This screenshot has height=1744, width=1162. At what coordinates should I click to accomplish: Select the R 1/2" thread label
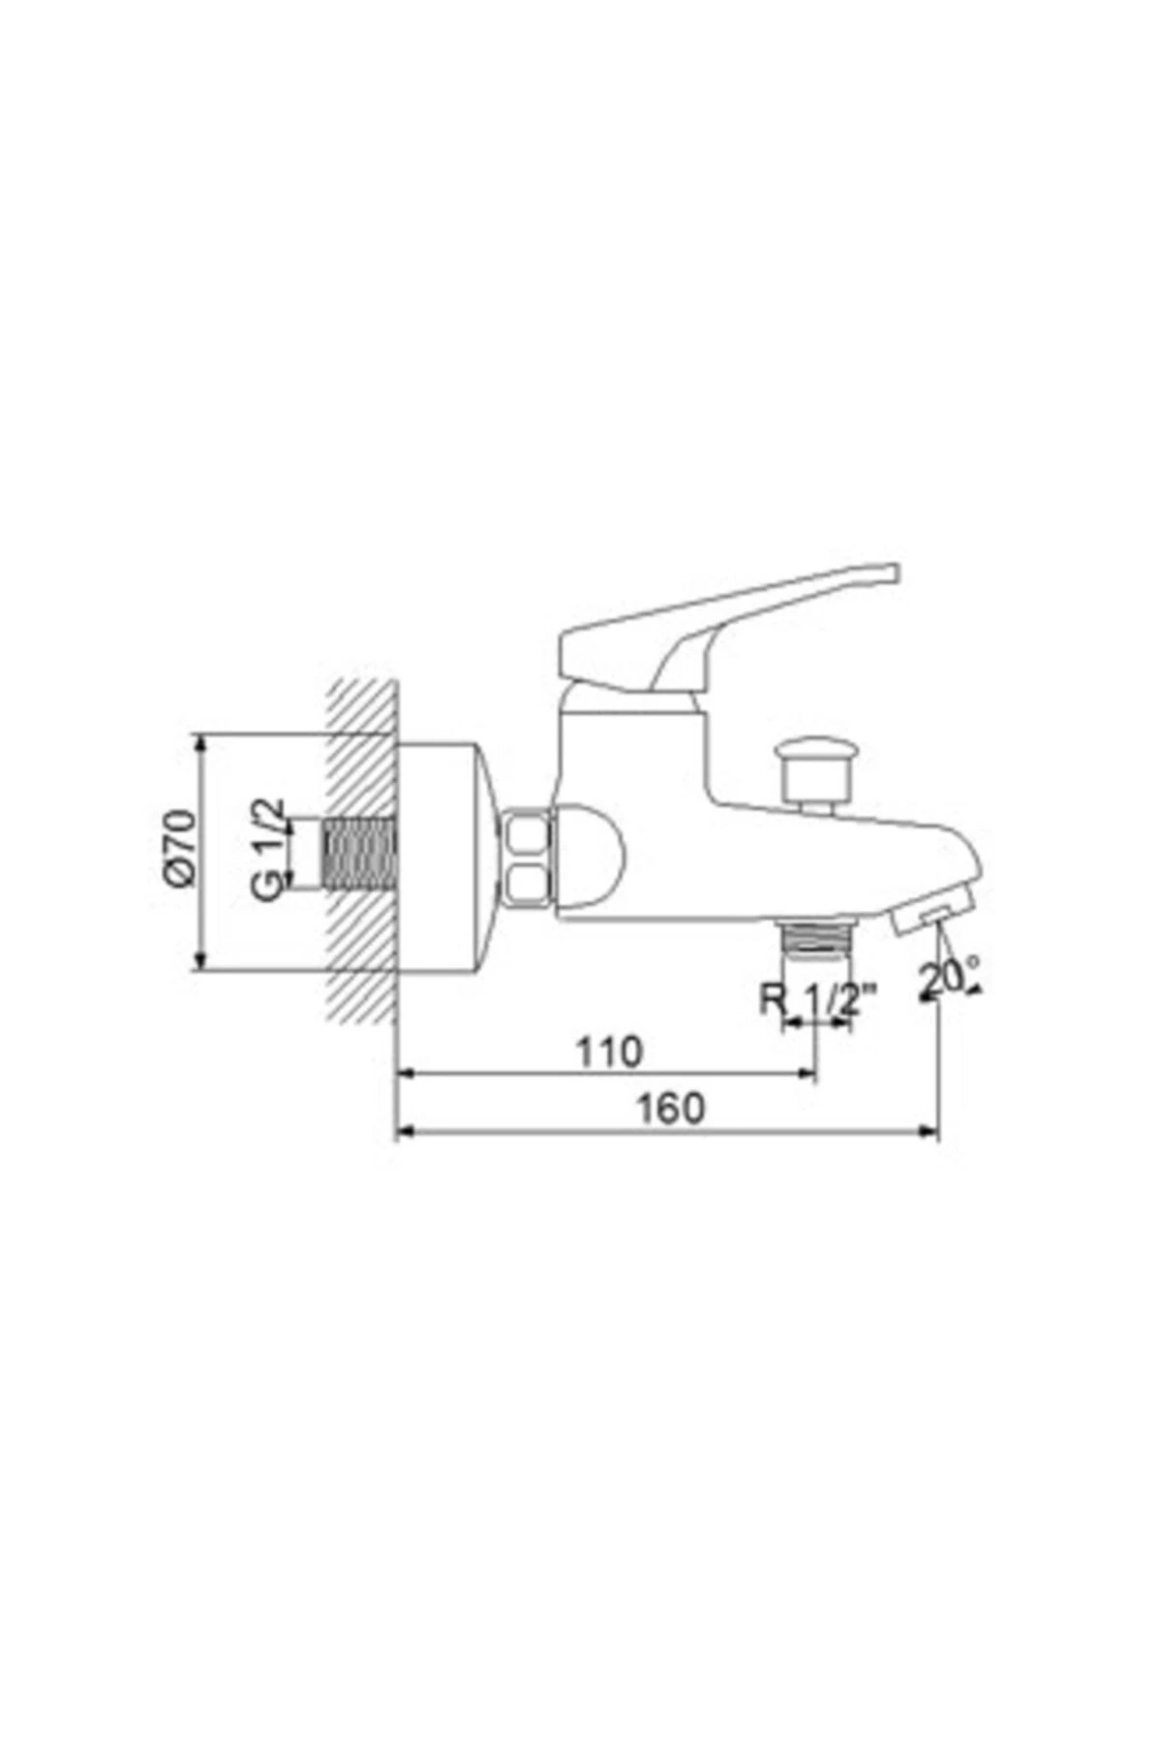click(x=819, y=999)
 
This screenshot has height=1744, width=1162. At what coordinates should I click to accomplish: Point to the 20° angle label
click(x=949, y=978)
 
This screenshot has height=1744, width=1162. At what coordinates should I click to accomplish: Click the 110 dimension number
click(x=609, y=1051)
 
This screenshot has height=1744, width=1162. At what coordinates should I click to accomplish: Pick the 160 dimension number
click(x=670, y=1108)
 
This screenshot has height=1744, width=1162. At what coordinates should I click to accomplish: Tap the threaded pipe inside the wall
click(x=359, y=854)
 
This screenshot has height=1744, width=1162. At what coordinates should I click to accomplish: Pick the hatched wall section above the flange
click(x=363, y=707)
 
